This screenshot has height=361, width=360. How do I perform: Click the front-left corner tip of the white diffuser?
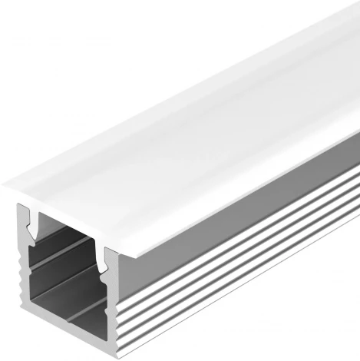click(3, 187)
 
